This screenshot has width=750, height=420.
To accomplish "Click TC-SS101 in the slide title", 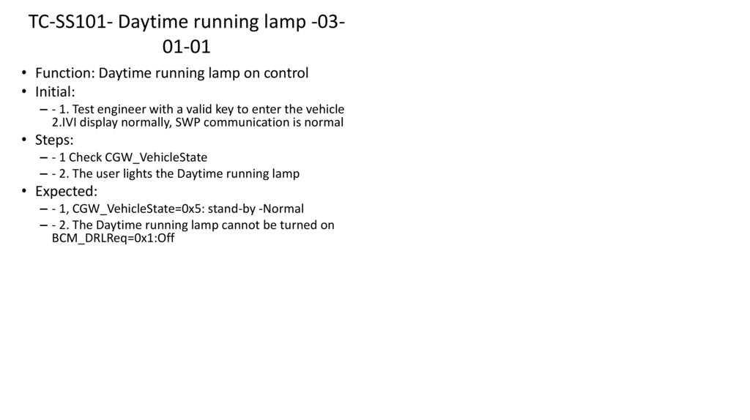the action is tap(69, 22).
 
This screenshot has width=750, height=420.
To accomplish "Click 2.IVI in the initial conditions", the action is tap(66, 122).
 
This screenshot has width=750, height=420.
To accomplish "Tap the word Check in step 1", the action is tap(85, 157).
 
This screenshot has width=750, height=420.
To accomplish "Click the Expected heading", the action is tap(65, 192).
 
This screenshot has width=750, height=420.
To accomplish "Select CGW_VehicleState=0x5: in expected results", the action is tap(138, 209).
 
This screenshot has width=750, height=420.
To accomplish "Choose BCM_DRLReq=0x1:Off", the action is tap(113, 239).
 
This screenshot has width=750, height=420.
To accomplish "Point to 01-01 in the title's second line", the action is tap(187, 47).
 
